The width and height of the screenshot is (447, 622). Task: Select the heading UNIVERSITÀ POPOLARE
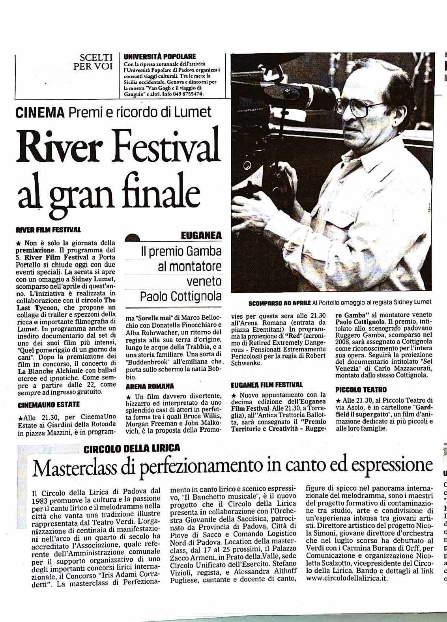[x=159, y=57]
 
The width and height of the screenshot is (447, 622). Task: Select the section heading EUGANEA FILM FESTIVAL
[x=267, y=385]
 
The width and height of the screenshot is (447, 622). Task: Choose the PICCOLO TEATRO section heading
[x=361, y=390]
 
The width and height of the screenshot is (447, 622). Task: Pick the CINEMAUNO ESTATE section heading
[x=49, y=404]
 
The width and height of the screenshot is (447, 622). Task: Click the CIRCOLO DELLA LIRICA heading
[x=132, y=448]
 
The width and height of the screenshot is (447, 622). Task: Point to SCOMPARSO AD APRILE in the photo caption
[x=279, y=303]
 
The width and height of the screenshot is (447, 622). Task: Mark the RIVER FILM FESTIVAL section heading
[x=48, y=230]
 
